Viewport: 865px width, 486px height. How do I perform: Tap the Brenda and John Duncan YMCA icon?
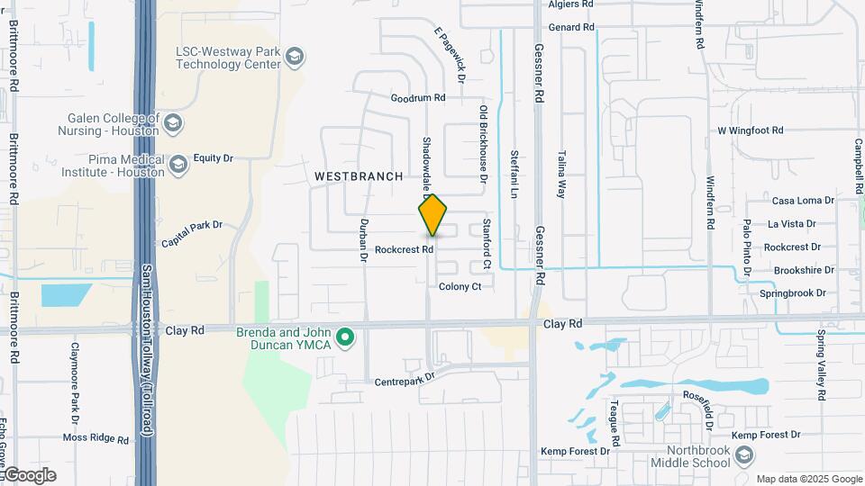(344, 339)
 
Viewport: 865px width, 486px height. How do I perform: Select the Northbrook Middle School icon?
(743, 456)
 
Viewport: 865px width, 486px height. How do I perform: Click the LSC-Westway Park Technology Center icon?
(294, 58)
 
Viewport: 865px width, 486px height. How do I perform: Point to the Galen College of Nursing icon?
(173, 123)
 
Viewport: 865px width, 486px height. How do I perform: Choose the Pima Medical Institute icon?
(178, 165)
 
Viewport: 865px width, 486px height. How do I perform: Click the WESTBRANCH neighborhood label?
(359, 177)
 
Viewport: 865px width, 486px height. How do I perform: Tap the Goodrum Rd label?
(418, 97)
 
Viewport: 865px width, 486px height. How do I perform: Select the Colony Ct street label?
(460, 287)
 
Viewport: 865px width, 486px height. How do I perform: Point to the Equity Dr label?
(213, 158)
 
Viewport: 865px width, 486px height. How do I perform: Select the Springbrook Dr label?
(793, 293)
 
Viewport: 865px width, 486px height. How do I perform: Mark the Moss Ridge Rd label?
(96, 438)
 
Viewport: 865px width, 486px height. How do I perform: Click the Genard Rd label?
(571, 28)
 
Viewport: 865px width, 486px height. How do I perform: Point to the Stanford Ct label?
(487, 243)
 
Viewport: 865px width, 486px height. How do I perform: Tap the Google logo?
(29, 475)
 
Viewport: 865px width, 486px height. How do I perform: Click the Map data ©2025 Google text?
(809, 479)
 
